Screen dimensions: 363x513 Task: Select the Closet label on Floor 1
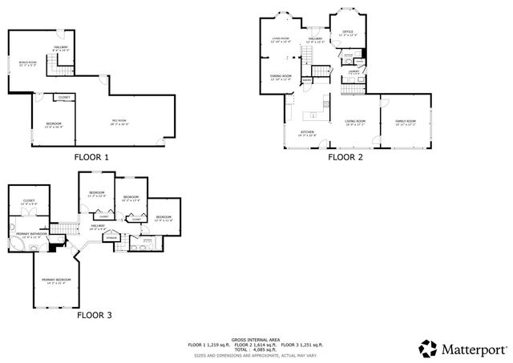[x=64, y=97]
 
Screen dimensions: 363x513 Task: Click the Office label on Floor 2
[x=348, y=33]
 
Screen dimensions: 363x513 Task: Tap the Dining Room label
[x=280, y=77]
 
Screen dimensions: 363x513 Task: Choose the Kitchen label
[x=307, y=132]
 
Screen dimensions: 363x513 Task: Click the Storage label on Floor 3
[x=112, y=237]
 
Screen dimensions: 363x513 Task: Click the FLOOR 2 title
[x=345, y=157]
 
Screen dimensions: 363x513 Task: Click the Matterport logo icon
[x=430, y=348]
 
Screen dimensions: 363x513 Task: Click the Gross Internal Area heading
[x=256, y=339]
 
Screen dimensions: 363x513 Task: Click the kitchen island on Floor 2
[x=325, y=103]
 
